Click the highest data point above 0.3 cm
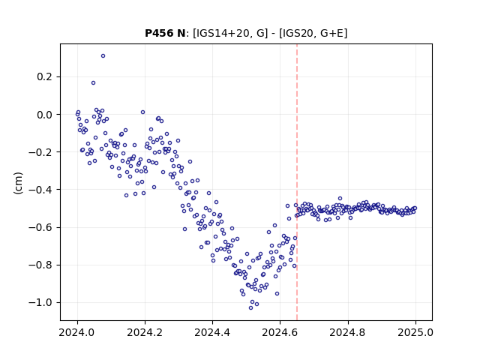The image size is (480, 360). (103, 56)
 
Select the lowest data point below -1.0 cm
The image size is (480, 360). (250, 308)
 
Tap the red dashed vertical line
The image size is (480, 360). (297, 182)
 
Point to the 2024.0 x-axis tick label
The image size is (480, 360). (77, 332)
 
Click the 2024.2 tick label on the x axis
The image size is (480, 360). (145, 332)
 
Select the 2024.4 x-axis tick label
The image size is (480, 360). (212, 332)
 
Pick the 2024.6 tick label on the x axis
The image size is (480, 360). (280, 332)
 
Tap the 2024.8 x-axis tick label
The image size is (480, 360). (348, 332)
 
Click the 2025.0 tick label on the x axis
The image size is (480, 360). (415, 332)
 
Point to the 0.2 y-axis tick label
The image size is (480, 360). (45, 76)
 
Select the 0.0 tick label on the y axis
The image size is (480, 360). (45, 115)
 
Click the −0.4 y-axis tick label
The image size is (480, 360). (40, 190)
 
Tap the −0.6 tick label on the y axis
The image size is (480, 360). (40, 227)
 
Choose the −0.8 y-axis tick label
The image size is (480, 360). (40, 265)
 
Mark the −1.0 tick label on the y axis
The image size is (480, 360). (40, 303)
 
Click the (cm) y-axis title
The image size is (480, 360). (18, 183)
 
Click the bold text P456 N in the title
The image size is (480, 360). (165, 33)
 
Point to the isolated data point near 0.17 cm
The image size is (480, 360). (93, 83)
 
